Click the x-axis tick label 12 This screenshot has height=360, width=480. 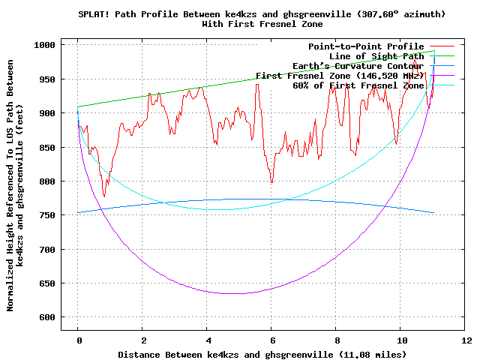[x=466, y=340]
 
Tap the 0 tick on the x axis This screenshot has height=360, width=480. [x=78, y=340]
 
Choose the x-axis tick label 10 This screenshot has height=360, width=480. [x=401, y=340]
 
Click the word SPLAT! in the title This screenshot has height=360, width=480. [x=94, y=14]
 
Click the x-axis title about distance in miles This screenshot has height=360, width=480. [x=262, y=354]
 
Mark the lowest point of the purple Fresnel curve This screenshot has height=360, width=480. [x=235, y=293]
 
